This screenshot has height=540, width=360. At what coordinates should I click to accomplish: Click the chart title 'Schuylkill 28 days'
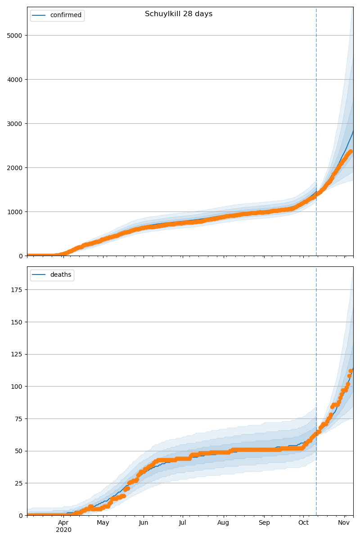pyautogui.click(x=179, y=14)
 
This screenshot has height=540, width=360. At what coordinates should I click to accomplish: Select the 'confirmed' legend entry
pyautogui.click(x=66, y=15)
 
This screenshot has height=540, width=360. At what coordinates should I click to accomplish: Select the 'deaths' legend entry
pyautogui.click(x=60, y=275)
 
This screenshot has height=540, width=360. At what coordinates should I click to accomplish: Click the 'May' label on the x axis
pyautogui.click(x=103, y=523)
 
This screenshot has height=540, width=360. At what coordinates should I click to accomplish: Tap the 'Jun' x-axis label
pyautogui.click(x=144, y=523)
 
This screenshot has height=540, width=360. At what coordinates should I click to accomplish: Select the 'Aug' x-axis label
pyautogui.click(x=223, y=523)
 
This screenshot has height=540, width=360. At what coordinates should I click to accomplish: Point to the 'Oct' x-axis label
pyautogui.click(x=303, y=523)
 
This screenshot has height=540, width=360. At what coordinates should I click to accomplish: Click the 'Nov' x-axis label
pyautogui.click(x=344, y=523)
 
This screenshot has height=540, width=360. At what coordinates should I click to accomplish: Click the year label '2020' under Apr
pyautogui.click(x=63, y=530)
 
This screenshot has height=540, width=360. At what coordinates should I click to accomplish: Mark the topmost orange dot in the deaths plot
pyautogui.click(x=351, y=371)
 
